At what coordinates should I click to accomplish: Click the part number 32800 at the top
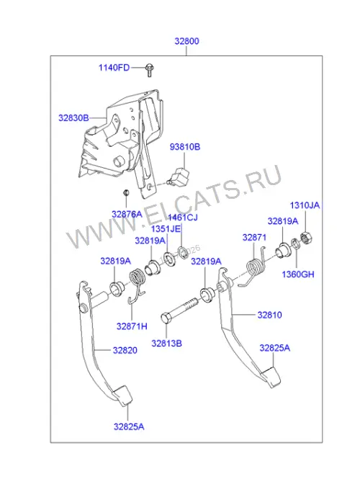187,41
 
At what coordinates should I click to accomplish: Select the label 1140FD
114,68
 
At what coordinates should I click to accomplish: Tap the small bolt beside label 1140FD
149,71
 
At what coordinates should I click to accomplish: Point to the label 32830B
73,118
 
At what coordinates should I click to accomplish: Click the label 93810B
185,147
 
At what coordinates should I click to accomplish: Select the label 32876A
127,215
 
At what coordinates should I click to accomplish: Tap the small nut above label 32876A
126,192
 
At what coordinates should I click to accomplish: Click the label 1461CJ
182,218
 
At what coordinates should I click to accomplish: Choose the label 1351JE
166,229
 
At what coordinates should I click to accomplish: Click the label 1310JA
305,205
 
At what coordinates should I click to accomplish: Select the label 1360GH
298,274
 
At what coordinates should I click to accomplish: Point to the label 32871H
132,326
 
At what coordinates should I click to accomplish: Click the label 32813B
167,344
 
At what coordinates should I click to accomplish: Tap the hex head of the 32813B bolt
166,318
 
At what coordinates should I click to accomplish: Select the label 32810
270,315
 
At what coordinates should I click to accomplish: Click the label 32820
125,350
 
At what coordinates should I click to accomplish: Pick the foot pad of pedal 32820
122,396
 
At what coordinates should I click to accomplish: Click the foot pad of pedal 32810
271,377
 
